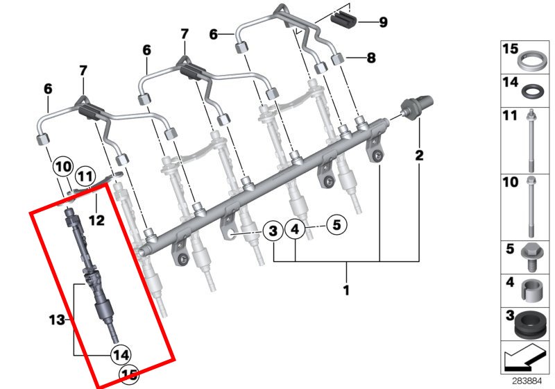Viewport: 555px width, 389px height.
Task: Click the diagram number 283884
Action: (x=527, y=381)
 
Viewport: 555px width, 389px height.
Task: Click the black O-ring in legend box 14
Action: (x=531, y=91)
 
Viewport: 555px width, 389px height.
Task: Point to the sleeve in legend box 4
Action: (x=531, y=291)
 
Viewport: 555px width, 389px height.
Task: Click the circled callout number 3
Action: (x=273, y=231)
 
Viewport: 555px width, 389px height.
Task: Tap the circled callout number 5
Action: (x=336, y=224)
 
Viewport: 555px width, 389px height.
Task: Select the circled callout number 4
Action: (x=296, y=230)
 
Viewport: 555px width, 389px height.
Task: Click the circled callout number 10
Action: (x=63, y=167)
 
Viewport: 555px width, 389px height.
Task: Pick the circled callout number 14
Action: (x=121, y=355)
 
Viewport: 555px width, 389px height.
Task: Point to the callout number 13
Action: (x=57, y=320)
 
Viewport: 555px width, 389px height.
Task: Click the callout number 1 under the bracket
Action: (x=346, y=290)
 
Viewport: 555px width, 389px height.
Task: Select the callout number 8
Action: (x=371, y=58)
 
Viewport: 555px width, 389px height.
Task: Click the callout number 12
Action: (x=96, y=220)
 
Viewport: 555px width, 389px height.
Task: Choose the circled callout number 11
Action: (x=85, y=176)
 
